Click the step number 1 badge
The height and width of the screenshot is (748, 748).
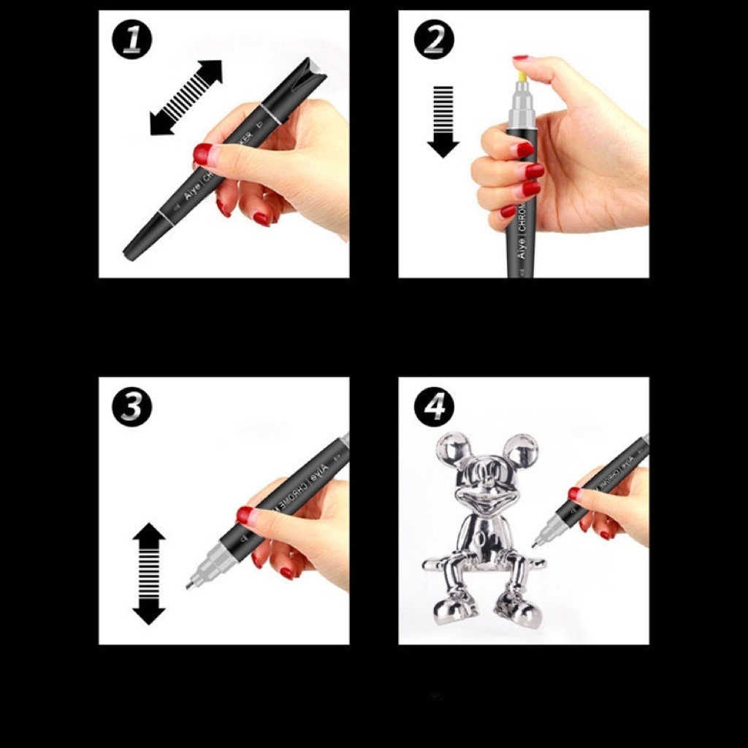tap(131, 40)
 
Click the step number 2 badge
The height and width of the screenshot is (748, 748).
tap(434, 40)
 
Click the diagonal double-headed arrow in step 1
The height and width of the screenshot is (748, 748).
tap(186, 97)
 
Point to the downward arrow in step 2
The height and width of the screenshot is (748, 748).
tap(443, 121)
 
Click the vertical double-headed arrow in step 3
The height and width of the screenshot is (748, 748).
tap(149, 573)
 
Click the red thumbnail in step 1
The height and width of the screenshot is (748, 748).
tap(202, 154)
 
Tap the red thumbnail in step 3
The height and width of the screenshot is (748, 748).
tap(245, 515)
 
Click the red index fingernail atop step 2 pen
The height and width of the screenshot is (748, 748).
tap(521, 57)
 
